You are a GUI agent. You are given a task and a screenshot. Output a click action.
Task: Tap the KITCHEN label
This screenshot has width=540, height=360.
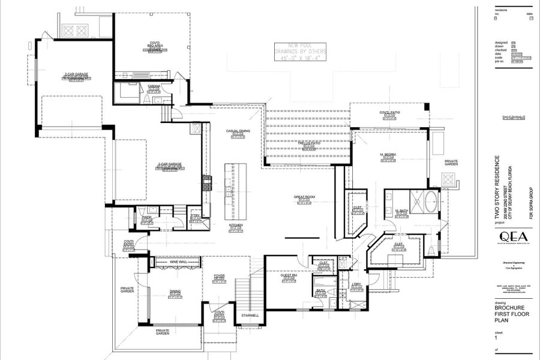coord(236,226)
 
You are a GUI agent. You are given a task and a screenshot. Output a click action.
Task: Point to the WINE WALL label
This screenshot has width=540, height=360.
coord(178,262)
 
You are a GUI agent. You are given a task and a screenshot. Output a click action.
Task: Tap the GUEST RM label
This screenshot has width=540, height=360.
coord(289,275)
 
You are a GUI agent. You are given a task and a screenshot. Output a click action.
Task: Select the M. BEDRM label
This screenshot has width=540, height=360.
coord(388,155)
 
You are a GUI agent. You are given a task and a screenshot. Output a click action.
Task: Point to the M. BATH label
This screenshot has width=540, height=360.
coord(401,211)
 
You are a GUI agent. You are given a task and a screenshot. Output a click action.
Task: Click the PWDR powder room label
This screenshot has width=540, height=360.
coord(146,217)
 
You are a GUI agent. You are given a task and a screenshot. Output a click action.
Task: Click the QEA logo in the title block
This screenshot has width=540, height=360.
coord(506,235)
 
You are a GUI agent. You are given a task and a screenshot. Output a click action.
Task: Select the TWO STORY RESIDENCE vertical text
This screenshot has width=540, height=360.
coord(496,187)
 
